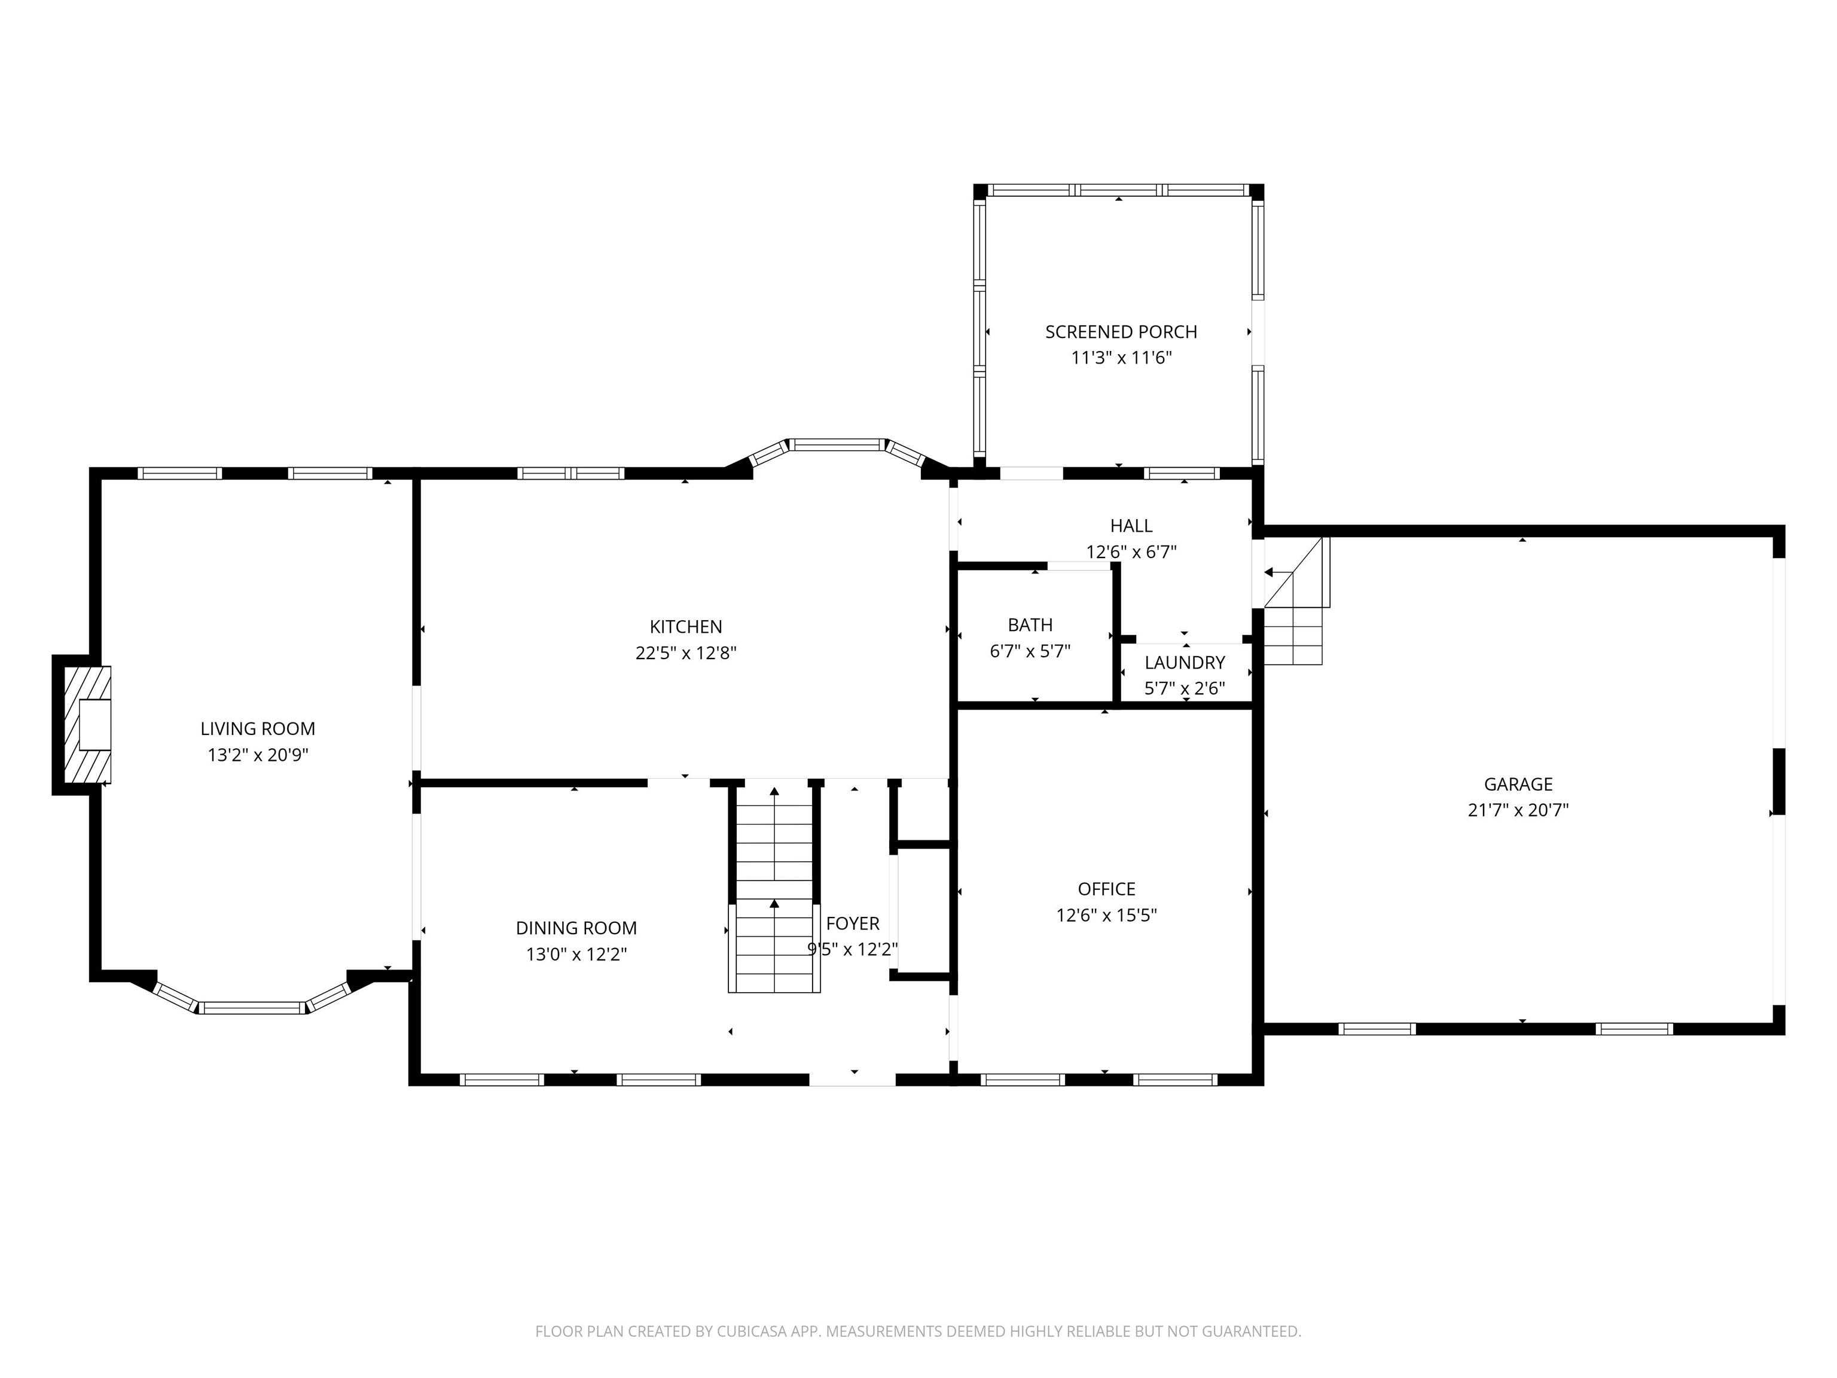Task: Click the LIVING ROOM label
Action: click(258, 728)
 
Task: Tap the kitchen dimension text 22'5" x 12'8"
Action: click(686, 653)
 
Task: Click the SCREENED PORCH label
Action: click(1121, 331)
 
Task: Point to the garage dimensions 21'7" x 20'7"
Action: click(1518, 810)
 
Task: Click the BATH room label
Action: click(1030, 624)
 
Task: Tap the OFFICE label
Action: click(1106, 889)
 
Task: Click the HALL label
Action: click(1131, 525)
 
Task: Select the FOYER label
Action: click(852, 923)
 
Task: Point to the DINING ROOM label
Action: click(576, 928)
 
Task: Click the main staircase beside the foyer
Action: click(774, 889)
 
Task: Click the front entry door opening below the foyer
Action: click(852, 1080)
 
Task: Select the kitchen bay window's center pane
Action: click(837, 445)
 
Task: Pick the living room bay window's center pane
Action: click(252, 1008)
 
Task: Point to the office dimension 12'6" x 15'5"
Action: click(1106, 915)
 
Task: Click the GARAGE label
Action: click(1518, 783)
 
